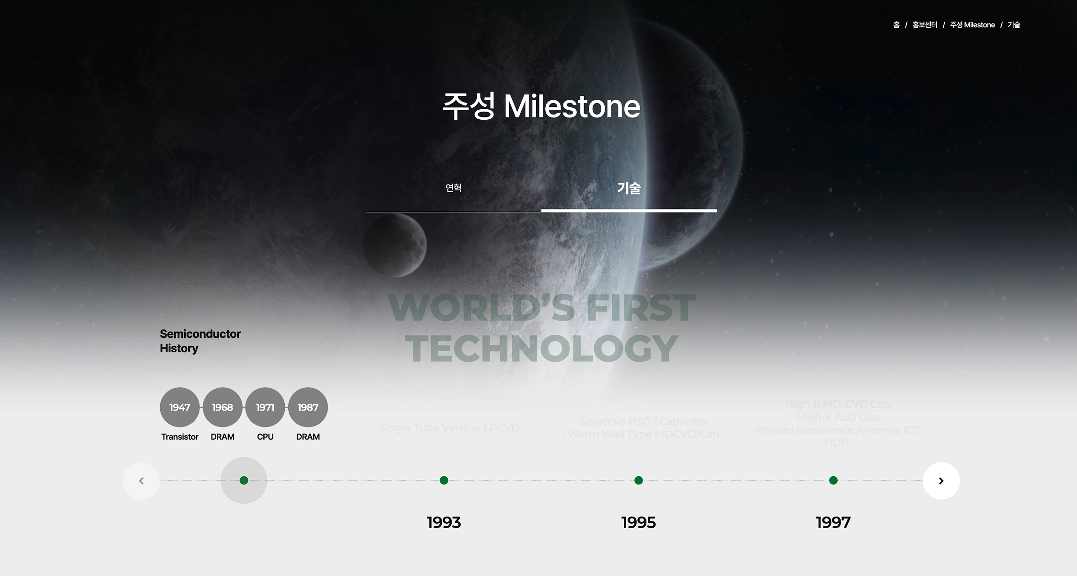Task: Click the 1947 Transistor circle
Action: tap(179, 407)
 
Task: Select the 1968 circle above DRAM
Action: tap(222, 407)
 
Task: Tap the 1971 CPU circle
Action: tap(265, 407)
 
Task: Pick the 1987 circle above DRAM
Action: tap(308, 407)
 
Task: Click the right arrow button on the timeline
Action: tap(941, 481)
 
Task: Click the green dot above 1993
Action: tap(444, 480)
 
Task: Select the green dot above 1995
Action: tap(639, 480)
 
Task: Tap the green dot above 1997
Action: tap(833, 480)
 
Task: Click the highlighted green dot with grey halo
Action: tap(244, 480)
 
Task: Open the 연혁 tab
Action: tap(454, 188)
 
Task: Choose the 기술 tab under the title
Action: tap(629, 188)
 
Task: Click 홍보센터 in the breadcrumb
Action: tap(925, 25)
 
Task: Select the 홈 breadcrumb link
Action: tap(896, 25)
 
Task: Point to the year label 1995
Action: tap(639, 522)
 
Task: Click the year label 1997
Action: tap(833, 522)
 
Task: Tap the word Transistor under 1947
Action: tap(180, 437)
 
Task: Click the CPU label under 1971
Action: tap(265, 437)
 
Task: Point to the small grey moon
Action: tap(395, 245)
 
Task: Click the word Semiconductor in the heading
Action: tap(200, 334)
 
